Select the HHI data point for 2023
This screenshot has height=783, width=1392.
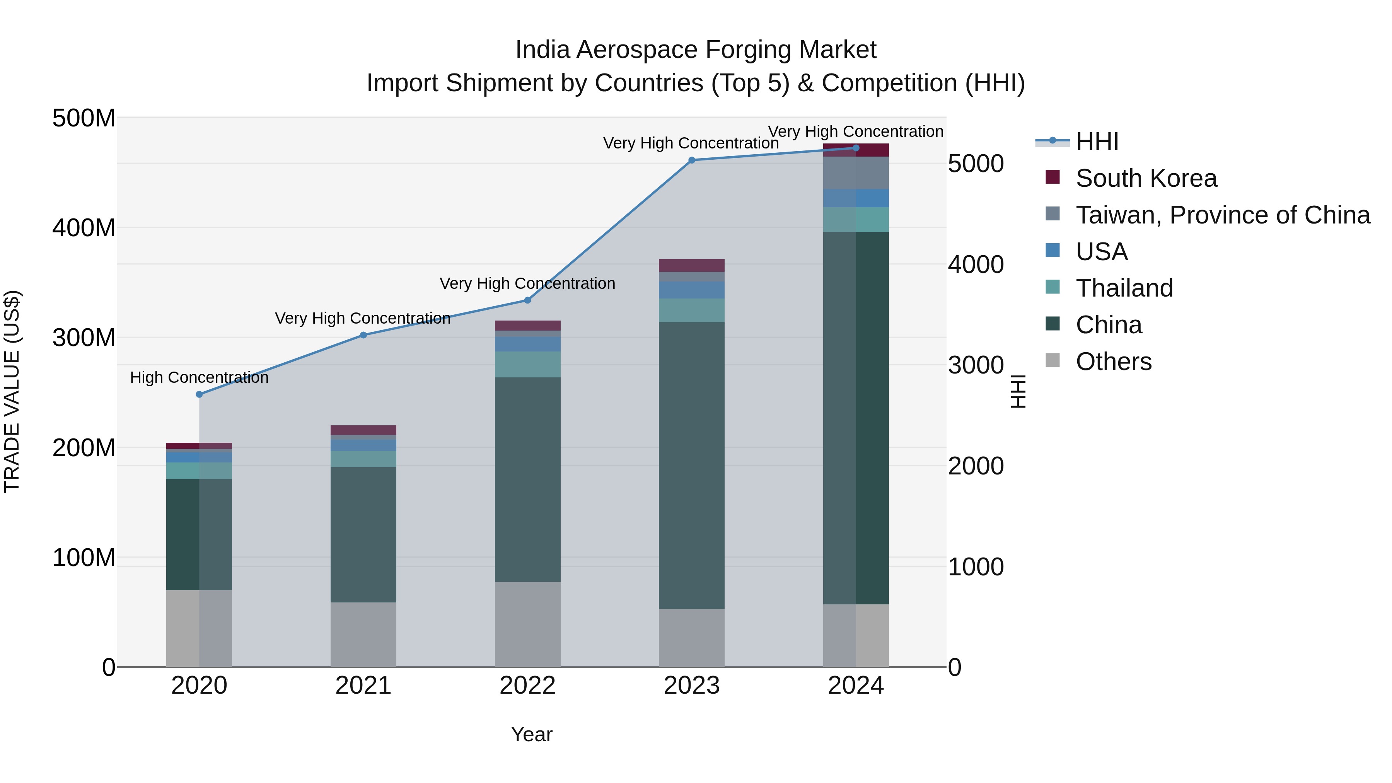tap(692, 160)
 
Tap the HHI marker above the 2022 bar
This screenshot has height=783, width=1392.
tap(527, 300)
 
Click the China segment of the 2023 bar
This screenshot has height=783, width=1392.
tap(692, 465)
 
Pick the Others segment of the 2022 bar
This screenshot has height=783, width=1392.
tap(527, 624)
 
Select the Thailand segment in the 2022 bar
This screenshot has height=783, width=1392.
tap(527, 364)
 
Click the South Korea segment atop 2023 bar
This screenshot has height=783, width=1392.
tap(692, 265)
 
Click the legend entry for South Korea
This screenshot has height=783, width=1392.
tap(1146, 178)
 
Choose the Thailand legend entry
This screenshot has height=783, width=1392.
tap(1124, 288)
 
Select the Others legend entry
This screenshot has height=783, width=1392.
tap(1113, 362)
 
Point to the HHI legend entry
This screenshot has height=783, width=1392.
tap(1097, 142)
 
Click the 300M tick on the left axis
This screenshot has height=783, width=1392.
tap(84, 338)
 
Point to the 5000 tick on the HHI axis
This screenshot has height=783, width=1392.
tap(976, 163)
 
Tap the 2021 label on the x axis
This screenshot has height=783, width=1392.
tap(363, 686)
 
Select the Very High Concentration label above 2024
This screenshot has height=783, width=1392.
tap(855, 131)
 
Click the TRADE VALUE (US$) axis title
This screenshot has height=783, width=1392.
tap(12, 391)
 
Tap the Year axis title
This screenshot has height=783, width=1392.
tap(532, 734)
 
